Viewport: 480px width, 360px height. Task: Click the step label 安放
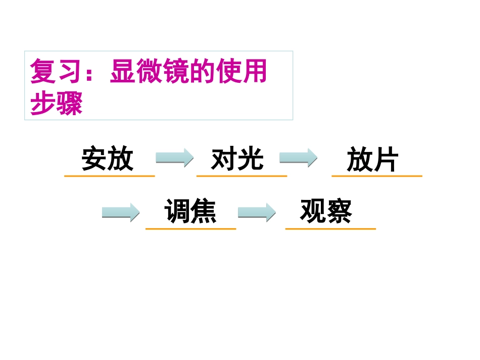pos(108,159)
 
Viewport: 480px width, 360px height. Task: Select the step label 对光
pos(237,159)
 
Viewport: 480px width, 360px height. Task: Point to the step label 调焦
pos(190,212)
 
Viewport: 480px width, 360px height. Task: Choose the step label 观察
pos(326,212)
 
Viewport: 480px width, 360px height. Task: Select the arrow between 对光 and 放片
pos(298,158)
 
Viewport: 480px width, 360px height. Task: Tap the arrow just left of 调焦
pos(121,213)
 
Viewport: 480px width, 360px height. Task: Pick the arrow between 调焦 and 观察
pos(257,213)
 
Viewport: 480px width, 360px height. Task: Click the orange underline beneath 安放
pos(109,176)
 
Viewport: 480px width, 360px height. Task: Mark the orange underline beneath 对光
pos(242,176)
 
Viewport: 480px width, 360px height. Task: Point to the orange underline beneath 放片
pos(377,176)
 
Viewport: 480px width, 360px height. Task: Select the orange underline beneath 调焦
pos(190,229)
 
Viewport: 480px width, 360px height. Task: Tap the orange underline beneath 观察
pos(330,229)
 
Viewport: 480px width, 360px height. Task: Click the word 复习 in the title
pos(56,72)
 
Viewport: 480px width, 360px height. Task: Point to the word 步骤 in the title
pos(56,104)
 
